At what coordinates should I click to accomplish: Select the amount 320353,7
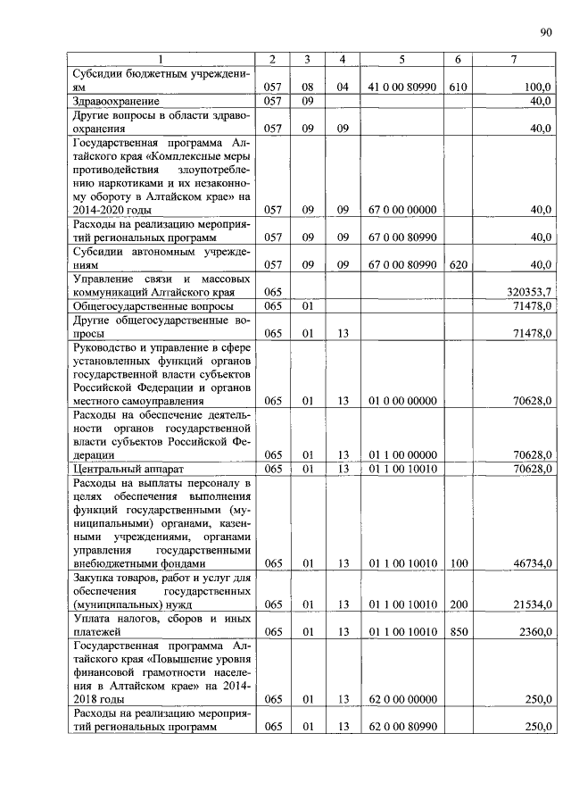(x=530, y=292)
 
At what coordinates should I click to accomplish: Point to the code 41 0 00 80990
(x=401, y=87)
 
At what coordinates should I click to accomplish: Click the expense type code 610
(x=458, y=87)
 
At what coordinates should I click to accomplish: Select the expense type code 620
(x=458, y=265)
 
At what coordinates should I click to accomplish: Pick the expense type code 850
(x=458, y=632)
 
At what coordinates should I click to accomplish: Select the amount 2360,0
(x=538, y=632)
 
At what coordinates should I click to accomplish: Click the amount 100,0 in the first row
(x=540, y=87)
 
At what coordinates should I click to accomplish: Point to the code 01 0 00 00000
(x=401, y=401)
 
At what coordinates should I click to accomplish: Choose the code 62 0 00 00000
(x=401, y=699)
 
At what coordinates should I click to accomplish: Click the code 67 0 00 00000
(x=401, y=210)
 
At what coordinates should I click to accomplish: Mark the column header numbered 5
(x=401, y=59)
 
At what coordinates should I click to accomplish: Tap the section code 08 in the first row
(x=306, y=87)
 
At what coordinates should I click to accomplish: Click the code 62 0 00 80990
(x=401, y=727)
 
